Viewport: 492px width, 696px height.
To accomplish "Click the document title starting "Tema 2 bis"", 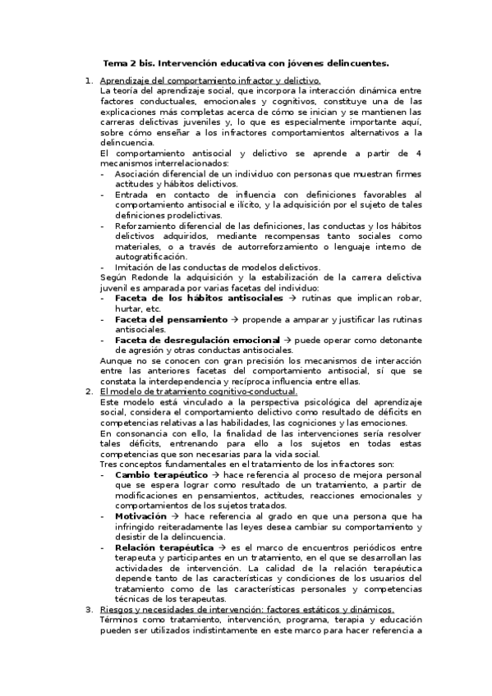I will (246, 62).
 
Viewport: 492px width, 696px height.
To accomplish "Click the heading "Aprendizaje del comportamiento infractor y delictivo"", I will (209, 80).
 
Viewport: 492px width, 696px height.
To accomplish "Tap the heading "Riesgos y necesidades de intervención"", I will (246, 609).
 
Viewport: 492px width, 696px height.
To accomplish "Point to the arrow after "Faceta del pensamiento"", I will (235, 318).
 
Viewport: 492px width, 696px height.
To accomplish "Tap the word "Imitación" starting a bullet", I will (136, 267).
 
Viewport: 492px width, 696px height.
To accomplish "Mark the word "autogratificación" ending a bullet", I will (150, 256).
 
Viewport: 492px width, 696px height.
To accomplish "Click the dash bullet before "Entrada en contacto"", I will (103, 195).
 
